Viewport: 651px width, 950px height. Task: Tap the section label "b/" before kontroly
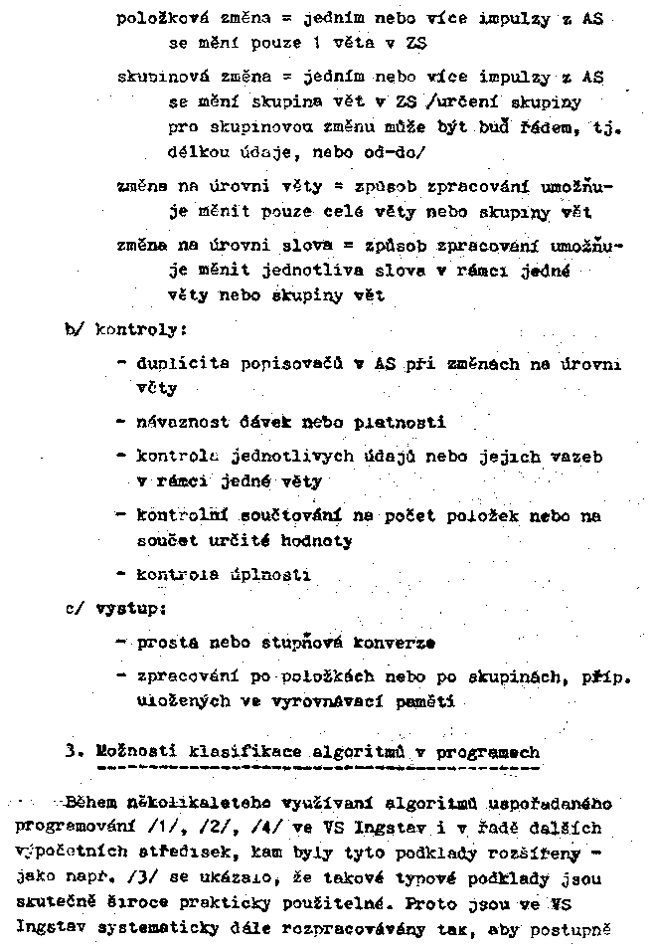pos(72,327)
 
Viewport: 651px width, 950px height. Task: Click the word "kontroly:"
pos(129,327)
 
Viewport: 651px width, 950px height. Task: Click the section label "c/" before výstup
pos(73,605)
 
